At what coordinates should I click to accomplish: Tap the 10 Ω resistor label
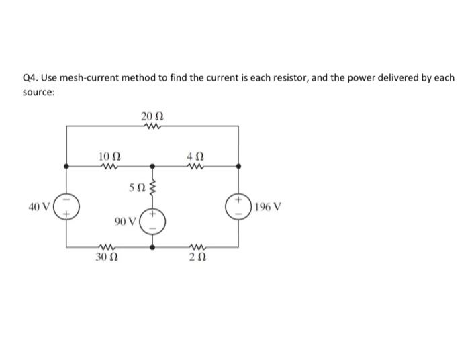click(107, 156)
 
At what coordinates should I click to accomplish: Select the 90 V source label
click(124, 221)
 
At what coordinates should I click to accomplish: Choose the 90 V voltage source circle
click(152, 221)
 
